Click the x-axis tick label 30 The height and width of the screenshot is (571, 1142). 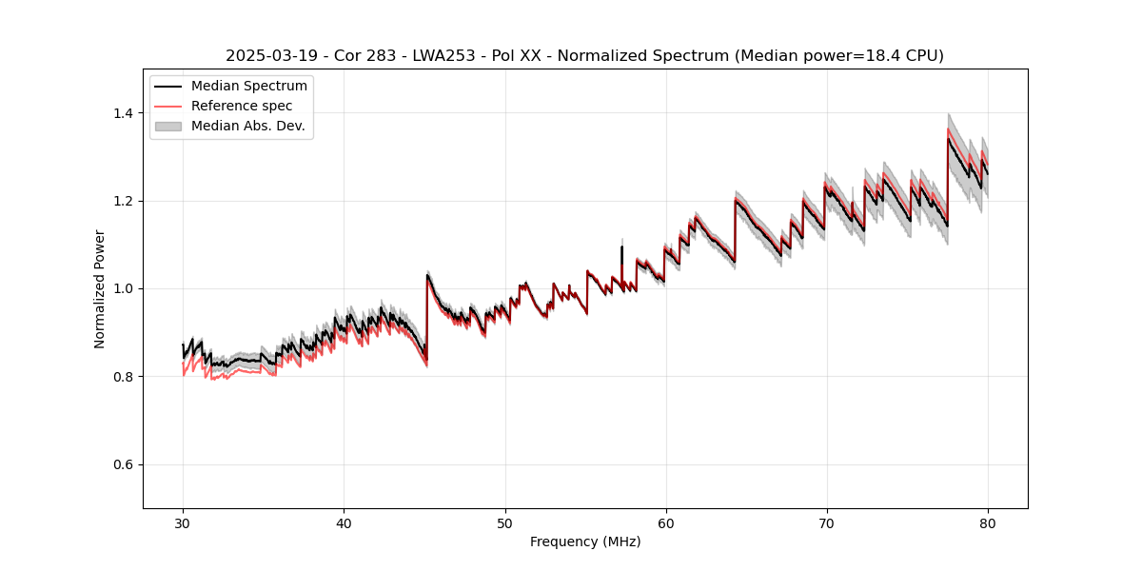pyautogui.click(x=183, y=523)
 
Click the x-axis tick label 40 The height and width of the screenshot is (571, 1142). pyautogui.click(x=344, y=523)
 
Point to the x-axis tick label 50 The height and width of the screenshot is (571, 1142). pyautogui.click(x=504, y=523)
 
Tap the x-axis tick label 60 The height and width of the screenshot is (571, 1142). pyautogui.click(x=665, y=523)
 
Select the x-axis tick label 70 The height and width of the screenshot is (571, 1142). pyautogui.click(x=826, y=523)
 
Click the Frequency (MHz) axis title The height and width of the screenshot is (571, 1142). pyautogui.click(x=585, y=541)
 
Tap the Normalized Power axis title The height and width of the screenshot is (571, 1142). pyautogui.click(x=100, y=288)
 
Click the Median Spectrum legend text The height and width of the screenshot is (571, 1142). pyautogui.click(x=248, y=87)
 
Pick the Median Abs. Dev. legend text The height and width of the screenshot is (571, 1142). pyautogui.click(x=247, y=126)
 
